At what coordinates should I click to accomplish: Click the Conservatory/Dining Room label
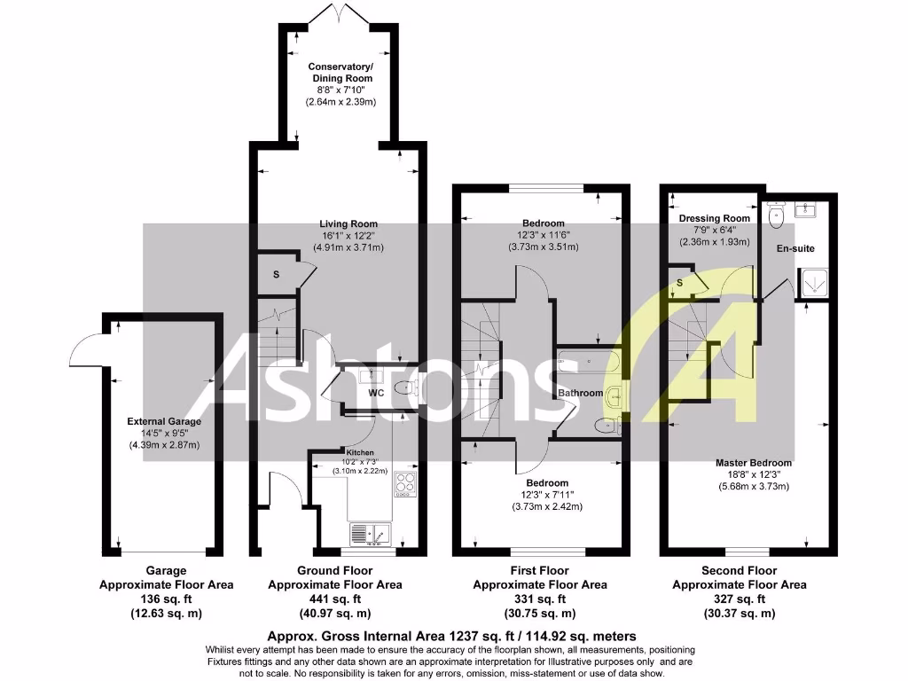(340, 73)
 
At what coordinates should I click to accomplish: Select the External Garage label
(164, 421)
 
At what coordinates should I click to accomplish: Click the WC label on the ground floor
(375, 392)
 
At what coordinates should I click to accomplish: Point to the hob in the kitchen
(405, 483)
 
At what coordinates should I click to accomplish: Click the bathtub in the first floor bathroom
(588, 362)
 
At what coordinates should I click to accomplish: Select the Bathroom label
(580, 393)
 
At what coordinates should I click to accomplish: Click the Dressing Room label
(714, 218)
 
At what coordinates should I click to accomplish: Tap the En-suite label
(795, 248)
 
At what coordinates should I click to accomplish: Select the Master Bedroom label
(754, 463)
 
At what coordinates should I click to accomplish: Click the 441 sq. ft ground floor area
(334, 599)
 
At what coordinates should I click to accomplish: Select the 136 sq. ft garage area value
(166, 599)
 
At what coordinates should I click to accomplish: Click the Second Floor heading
(739, 571)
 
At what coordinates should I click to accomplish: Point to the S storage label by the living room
(276, 275)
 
